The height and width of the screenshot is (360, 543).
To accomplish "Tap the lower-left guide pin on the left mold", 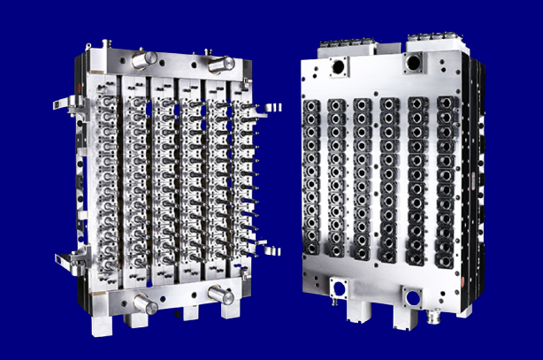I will click(145, 304).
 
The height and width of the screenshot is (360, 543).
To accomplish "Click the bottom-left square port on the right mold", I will click(339, 287).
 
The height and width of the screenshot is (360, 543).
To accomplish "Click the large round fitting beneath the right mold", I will click(432, 313).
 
